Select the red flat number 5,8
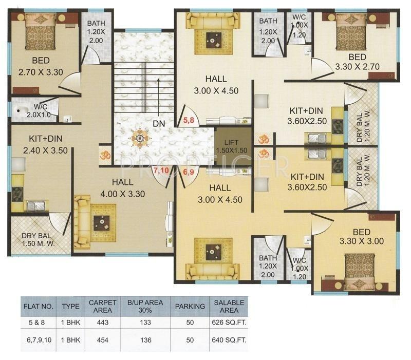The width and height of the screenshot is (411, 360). [x=189, y=122]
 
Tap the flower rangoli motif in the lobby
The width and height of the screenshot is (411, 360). [x=140, y=137]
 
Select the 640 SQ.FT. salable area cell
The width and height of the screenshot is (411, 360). [x=229, y=338]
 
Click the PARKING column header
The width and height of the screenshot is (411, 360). [x=190, y=306]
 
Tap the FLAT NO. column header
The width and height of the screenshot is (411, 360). [x=38, y=306]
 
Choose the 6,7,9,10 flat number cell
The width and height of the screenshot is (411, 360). [x=38, y=338]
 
